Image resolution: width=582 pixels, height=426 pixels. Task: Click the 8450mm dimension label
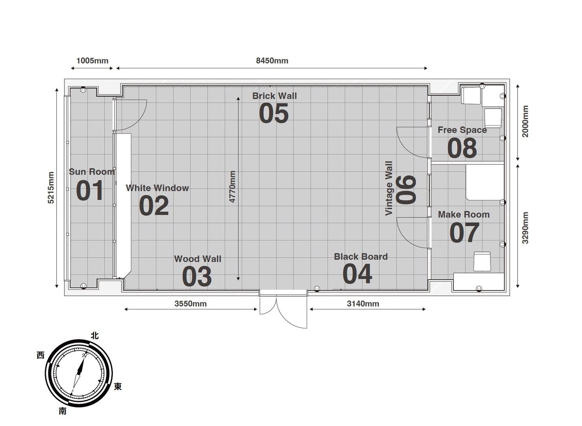coord(272,61)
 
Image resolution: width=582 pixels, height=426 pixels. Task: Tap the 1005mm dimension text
coord(92,61)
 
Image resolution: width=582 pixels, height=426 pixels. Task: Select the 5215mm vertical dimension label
coord(51,188)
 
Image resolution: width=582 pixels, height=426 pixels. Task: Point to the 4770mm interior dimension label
coord(232,187)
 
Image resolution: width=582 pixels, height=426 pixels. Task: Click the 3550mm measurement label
coord(190,304)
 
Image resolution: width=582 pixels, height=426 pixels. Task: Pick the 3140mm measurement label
coord(363,304)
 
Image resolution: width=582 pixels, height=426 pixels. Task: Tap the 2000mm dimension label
coord(525,121)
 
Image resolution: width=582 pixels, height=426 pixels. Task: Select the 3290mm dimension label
coord(525,228)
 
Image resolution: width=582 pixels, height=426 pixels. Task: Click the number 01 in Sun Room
coord(90,191)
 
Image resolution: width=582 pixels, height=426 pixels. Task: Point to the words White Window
coord(157,188)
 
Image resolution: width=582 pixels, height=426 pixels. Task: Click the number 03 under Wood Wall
coord(197,277)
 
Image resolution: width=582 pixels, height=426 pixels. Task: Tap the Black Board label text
coord(361,257)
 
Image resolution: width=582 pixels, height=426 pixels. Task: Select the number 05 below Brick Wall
coord(274,113)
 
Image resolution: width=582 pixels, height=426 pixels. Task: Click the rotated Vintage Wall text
coord(389,188)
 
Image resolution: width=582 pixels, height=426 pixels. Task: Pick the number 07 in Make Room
coord(464,233)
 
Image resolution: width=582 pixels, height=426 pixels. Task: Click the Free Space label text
coord(462,130)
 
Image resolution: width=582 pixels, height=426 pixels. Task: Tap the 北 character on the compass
coord(95,335)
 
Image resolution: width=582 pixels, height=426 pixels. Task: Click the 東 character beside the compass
coord(117,386)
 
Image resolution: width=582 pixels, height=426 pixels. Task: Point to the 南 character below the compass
coord(63,411)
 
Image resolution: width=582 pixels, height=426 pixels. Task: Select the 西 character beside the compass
coord(41,355)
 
